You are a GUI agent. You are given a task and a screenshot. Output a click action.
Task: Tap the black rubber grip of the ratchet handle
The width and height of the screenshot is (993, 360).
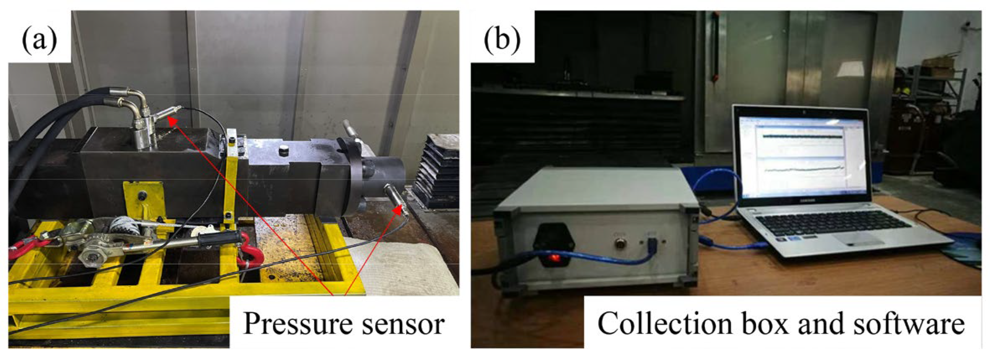[x=219, y=239]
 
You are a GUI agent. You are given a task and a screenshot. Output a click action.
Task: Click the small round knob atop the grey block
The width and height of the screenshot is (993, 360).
[x=284, y=150]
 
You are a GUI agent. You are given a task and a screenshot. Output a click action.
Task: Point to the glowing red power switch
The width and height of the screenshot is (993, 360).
[x=555, y=256]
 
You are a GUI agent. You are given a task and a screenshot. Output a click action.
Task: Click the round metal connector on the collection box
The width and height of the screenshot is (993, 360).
[x=619, y=243]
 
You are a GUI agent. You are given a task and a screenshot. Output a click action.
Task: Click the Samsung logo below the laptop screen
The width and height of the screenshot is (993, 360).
[x=807, y=200]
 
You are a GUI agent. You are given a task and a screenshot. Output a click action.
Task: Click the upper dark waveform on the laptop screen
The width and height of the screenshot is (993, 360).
[x=802, y=136]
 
